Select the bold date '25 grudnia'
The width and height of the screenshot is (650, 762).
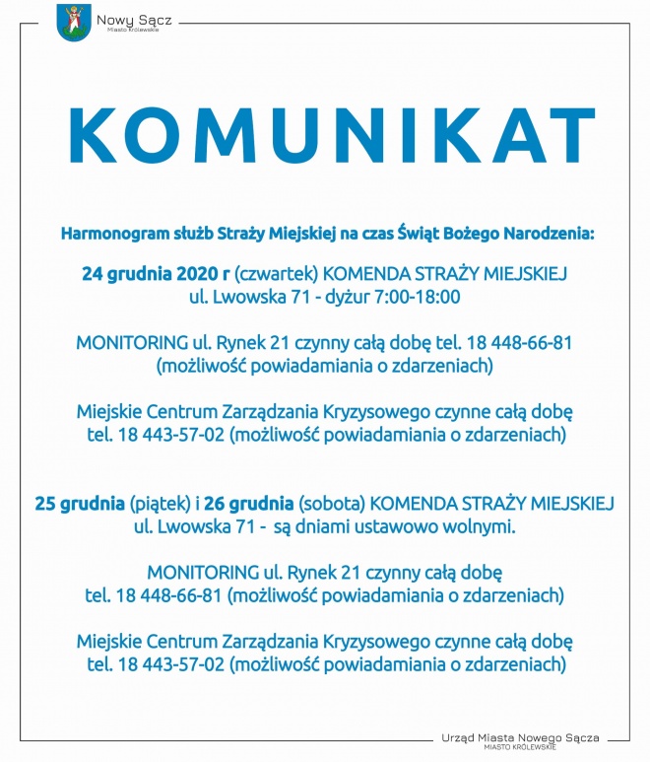tap(80, 504)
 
